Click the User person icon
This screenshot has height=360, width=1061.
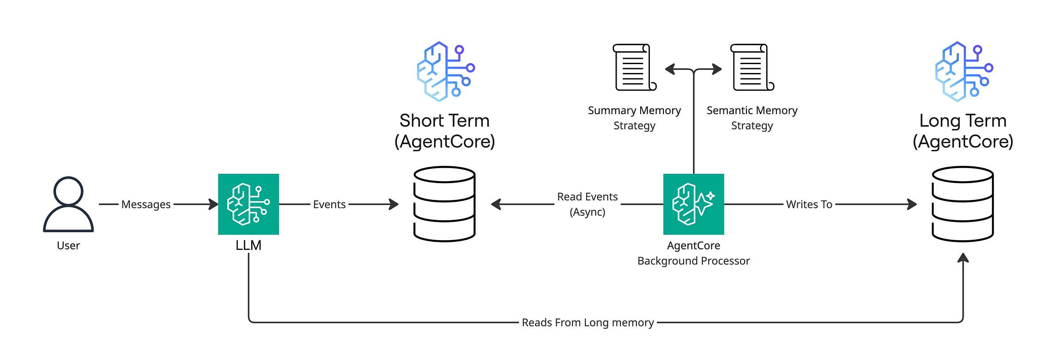pos(68,204)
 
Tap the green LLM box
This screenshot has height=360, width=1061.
pos(248,204)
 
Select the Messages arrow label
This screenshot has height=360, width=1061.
pos(145,204)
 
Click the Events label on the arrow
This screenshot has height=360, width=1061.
pos(329,204)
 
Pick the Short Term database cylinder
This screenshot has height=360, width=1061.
pos(444,204)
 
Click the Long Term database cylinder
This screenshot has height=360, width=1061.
pos(962,204)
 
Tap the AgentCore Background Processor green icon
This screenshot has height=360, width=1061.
pos(693,204)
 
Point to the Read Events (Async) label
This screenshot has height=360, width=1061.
pos(587,204)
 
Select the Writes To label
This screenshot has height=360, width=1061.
pos(809,204)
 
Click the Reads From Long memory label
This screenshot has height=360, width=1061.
pos(587,322)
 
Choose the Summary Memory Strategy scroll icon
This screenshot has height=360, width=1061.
pos(634,67)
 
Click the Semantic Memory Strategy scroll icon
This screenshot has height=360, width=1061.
pos(752,67)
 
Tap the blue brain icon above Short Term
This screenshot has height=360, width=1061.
pos(445,71)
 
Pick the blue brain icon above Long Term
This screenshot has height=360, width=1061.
pos(963,71)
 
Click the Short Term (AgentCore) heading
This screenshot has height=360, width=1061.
pos(444,131)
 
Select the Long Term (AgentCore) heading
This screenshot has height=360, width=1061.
pos(962,131)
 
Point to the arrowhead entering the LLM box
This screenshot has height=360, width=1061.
pos(214,204)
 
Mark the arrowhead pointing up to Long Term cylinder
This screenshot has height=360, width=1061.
pos(963,258)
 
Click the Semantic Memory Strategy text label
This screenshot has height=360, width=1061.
pos(752,118)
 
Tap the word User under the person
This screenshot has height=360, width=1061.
pos(68,245)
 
